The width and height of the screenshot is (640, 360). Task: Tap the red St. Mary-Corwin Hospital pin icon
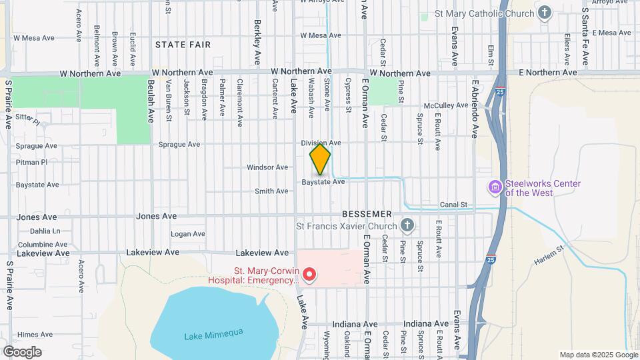click(309, 274)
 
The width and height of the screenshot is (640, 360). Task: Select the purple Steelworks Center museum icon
click(495, 188)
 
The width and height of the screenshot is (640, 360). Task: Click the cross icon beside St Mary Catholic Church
click(545, 13)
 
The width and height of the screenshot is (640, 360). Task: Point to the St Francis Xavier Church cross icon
click(407, 226)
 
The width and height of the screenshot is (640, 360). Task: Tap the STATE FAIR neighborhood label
click(183, 45)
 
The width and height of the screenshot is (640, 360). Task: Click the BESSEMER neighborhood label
click(367, 214)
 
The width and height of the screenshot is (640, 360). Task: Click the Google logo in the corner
click(22, 351)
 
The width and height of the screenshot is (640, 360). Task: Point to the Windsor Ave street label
click(267, 167)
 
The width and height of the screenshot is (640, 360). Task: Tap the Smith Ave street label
click(271, 191)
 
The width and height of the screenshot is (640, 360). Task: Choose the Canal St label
click(453, 205)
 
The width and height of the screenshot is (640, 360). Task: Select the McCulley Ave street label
click(447, 105)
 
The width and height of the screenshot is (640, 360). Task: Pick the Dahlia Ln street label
click(45, 231)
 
